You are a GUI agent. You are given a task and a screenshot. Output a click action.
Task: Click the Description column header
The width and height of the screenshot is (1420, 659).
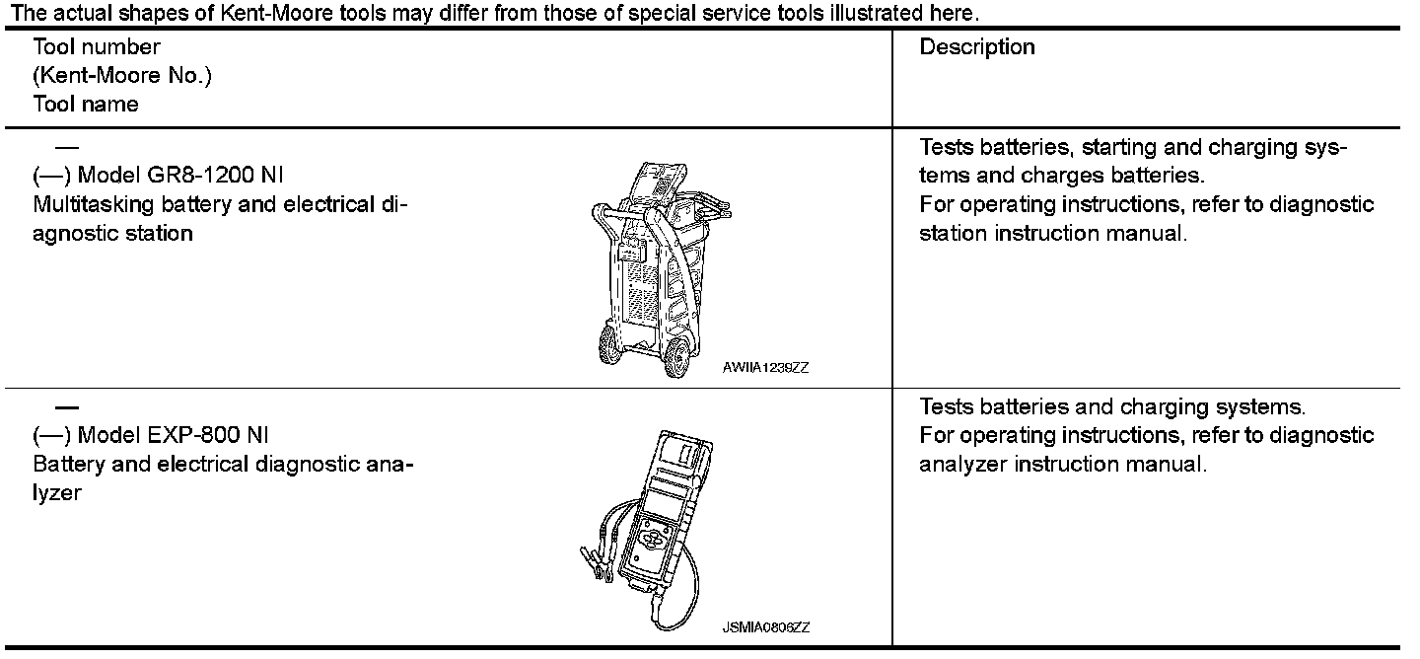tap(977, 47)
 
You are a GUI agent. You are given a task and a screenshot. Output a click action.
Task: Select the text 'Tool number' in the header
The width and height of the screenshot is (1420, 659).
tap(97, 47)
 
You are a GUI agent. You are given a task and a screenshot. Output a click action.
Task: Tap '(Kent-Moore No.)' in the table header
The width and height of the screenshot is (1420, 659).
tap(122, 76)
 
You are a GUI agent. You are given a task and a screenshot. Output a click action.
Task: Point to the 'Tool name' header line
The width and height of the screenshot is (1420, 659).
tap(86, 104)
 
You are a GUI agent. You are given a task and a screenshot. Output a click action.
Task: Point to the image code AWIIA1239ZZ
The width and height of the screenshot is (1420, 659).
tap(765, 368)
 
